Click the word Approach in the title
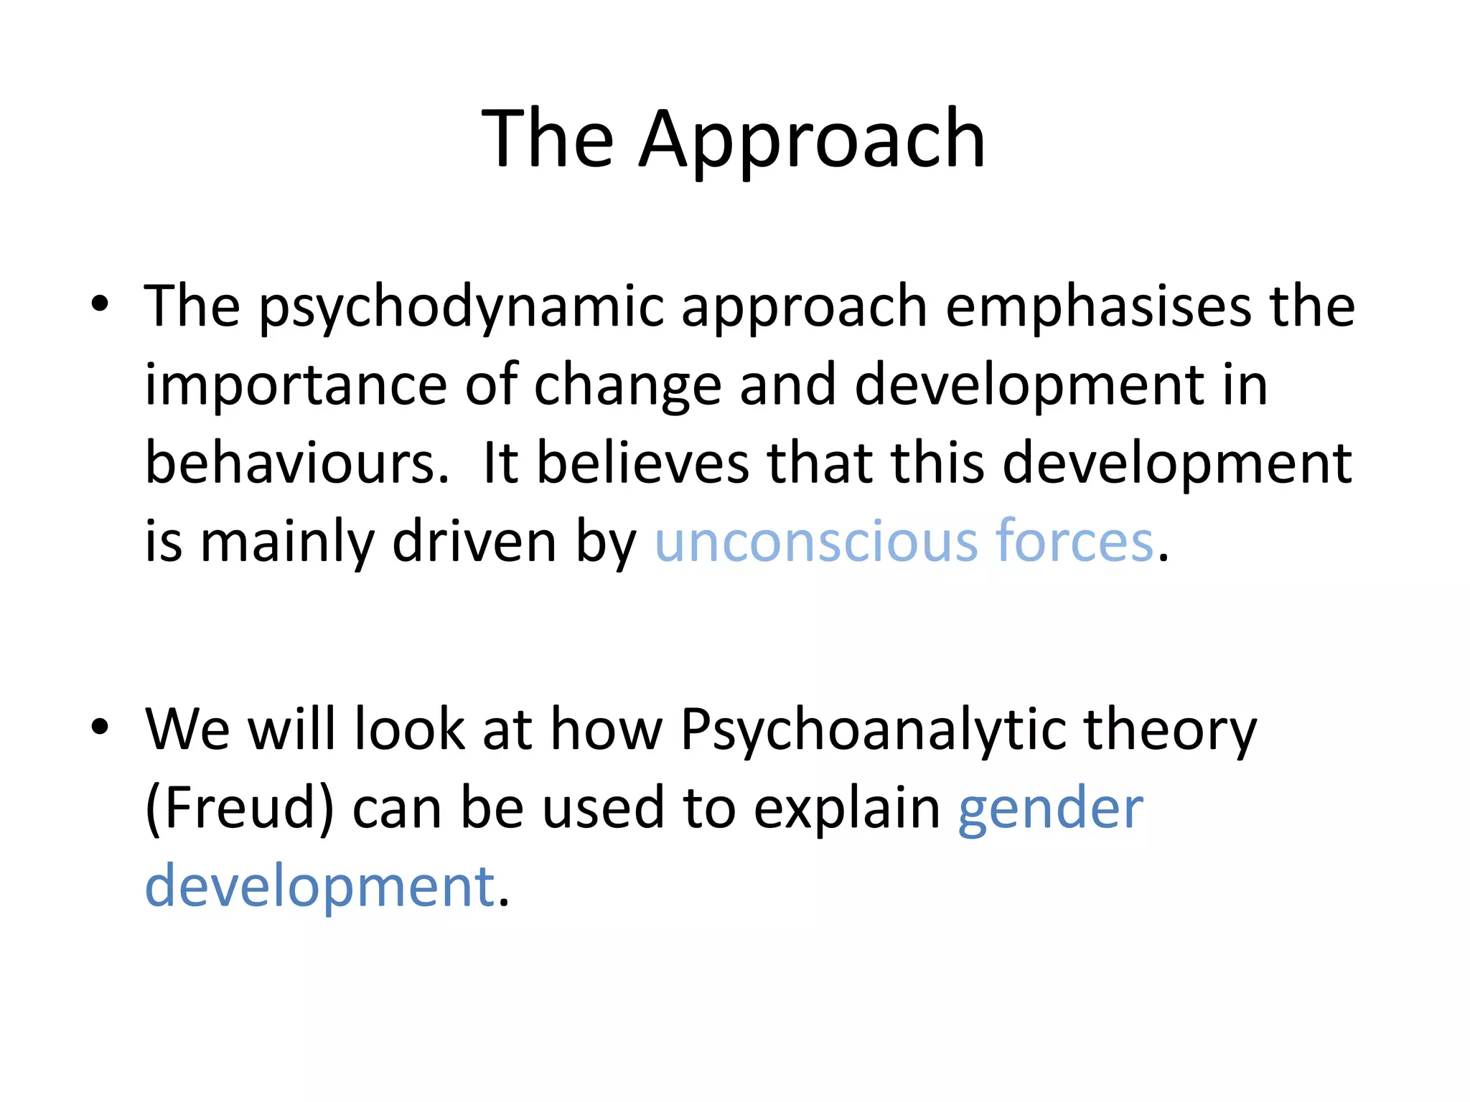(811, 140)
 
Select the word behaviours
(296, 463)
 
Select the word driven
(474, 542)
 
